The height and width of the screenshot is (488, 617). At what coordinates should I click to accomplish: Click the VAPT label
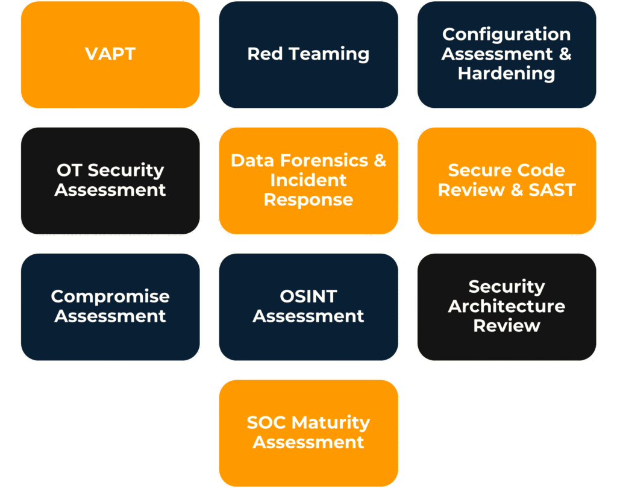pos(110,54)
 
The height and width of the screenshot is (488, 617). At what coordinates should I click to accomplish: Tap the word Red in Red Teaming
pos(265,54)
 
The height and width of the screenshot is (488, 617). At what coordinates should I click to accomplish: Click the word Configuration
pos(506,34)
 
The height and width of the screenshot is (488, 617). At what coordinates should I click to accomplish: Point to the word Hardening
pos(506,74)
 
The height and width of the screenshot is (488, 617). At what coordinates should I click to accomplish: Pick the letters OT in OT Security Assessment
pos(68,170)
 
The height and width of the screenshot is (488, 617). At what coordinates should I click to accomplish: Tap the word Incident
pos(308,180)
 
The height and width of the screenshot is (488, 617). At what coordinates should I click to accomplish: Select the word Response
pos(308,200)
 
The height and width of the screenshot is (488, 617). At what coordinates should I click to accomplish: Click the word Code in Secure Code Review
pos(540,170)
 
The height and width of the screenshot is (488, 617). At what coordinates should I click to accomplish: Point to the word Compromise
pos(110,296)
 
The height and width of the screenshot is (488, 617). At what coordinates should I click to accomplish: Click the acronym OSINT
pos(308,296)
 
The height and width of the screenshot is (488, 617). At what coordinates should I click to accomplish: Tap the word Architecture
pos(506,306)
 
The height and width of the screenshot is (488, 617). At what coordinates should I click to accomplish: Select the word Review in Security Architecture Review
pos(506,325)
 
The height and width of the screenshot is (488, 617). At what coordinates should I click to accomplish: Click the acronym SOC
pos(266,422)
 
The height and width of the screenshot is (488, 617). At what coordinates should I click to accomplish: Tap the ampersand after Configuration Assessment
pos(564,54)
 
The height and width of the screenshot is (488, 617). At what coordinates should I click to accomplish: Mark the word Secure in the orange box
pos(478,170)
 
